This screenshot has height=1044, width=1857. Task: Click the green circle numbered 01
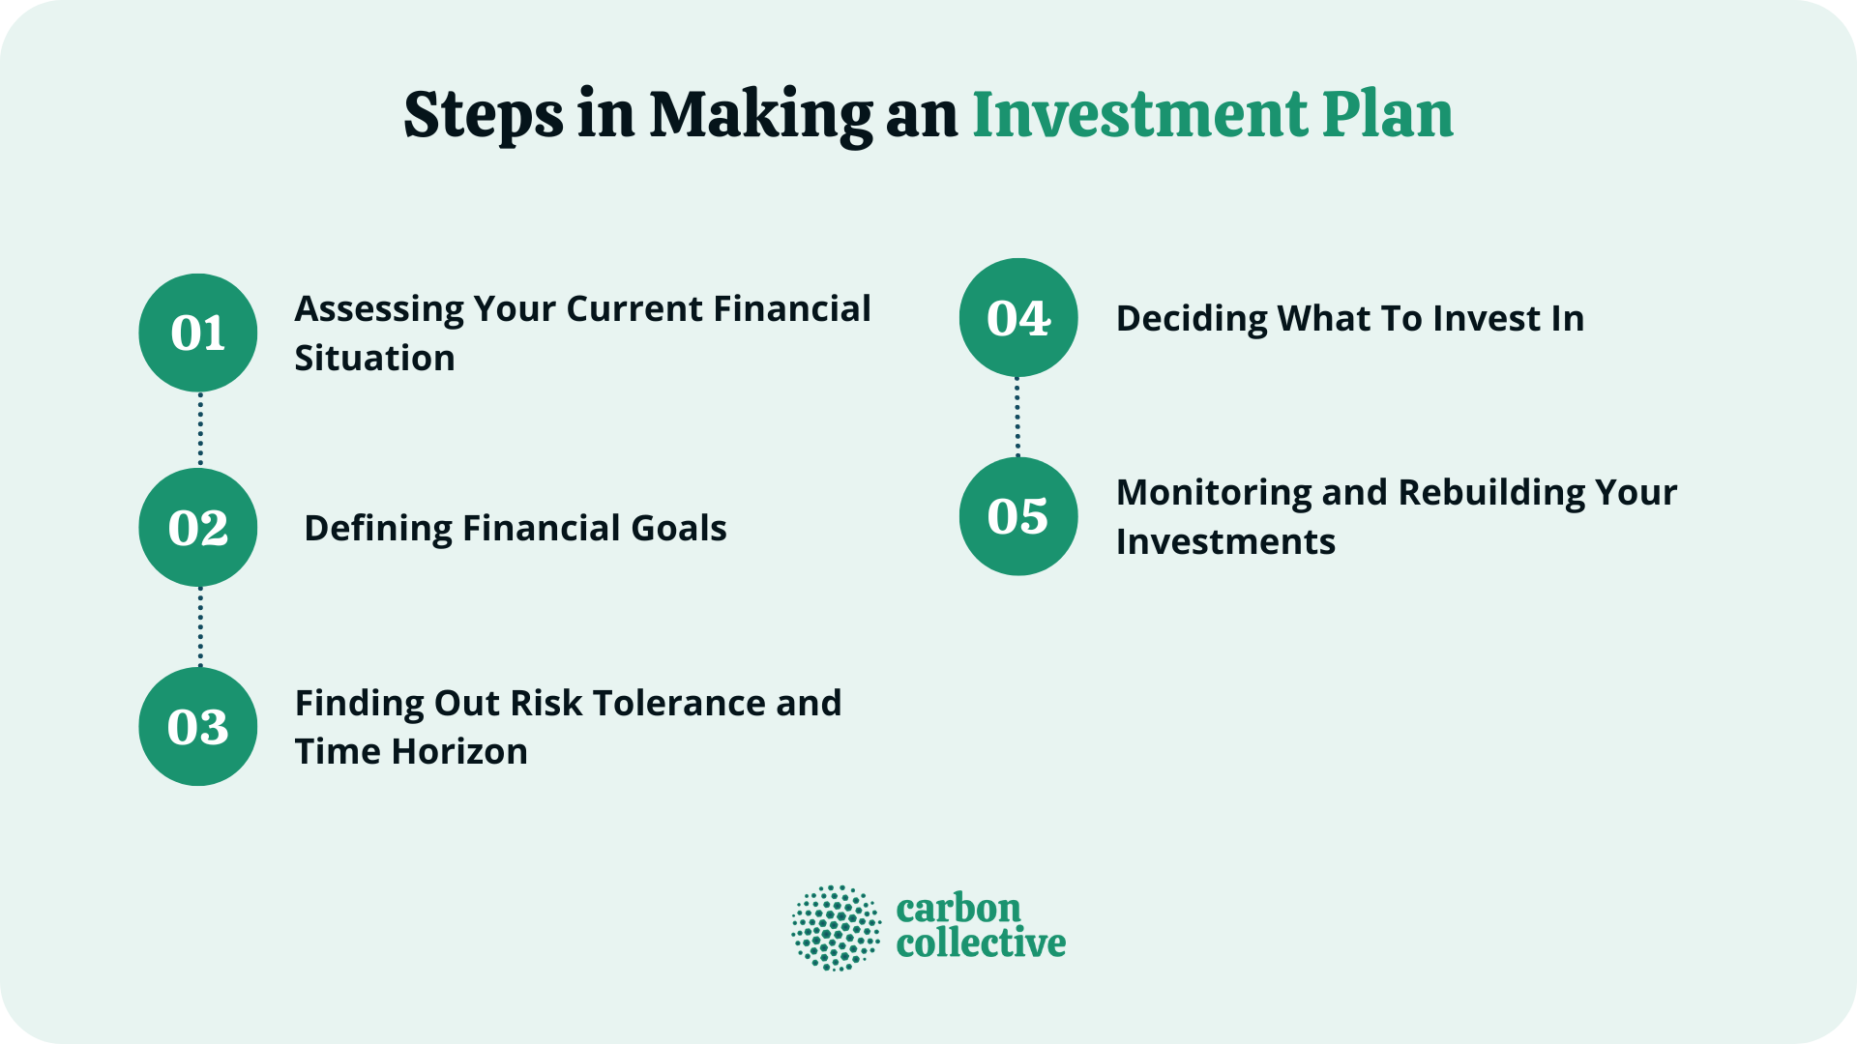(198, 333)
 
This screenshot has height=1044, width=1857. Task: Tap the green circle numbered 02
(198, 528)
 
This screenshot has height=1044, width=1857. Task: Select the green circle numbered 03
(198, 726)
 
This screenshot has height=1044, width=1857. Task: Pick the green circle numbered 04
(1018, 318)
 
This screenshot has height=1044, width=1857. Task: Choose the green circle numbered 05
(1018, 516)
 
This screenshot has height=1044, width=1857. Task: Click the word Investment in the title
(1139, 114)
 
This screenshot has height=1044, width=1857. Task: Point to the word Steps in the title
(483, 116)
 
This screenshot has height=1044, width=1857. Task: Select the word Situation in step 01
(374, 359)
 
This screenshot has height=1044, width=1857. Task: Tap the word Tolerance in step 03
(673, 704)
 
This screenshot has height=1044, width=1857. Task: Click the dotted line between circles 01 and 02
(200, 430)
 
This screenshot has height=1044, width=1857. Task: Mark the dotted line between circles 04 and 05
(1017, 417)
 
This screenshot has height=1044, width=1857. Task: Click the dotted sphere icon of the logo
(836, 928)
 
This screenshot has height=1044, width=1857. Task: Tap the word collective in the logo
(981, 943)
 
